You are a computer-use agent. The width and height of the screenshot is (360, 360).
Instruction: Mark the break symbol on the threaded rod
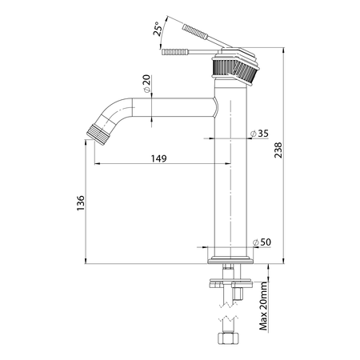tap(230, 305)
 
